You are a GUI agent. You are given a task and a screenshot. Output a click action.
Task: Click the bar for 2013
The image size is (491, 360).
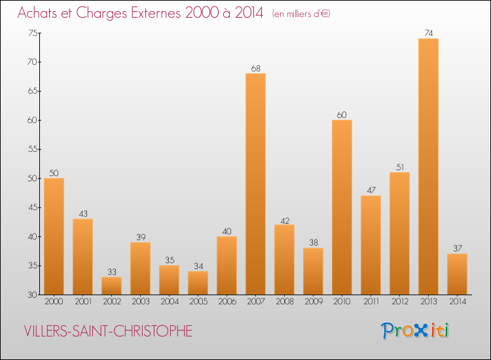click(428, 166)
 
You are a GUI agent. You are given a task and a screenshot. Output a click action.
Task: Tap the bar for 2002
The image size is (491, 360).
click(111, 285)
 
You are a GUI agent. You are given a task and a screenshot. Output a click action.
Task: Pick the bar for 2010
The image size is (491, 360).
click(342, 207)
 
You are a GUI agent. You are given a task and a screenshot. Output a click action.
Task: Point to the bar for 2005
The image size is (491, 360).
click(198, 283)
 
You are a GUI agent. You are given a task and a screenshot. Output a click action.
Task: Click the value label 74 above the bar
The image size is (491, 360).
click(428, 33)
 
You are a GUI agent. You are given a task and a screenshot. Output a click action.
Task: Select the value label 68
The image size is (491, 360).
click(255, 68)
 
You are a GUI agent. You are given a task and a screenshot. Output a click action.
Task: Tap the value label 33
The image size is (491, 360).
click(111, 272)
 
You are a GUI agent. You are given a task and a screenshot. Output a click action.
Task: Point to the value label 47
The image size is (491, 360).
click(371, 190)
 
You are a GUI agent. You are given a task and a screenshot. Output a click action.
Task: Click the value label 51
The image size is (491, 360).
click(399, 167)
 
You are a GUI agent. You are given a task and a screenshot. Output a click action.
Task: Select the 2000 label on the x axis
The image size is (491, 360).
click(54, 302)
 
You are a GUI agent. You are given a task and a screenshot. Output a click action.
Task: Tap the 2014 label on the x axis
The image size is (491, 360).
click(457, 302)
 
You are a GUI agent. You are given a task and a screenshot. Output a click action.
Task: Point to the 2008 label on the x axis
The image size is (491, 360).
click(284, 302)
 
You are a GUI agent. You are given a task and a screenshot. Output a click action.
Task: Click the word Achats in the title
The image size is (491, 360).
click(41, 12)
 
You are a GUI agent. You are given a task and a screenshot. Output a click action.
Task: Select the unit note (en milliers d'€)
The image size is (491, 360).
click(301, 14)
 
